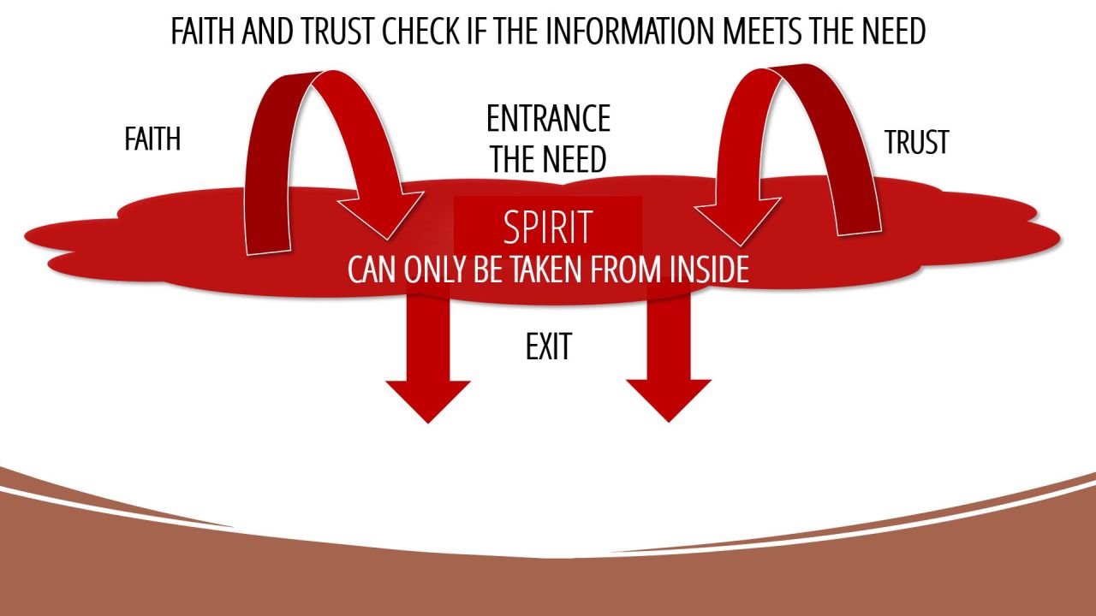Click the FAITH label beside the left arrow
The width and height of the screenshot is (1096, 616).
click(152, 139)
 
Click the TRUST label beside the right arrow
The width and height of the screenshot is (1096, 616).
click(916, 142)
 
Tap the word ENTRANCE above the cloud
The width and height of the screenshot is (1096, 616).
click(548, 119)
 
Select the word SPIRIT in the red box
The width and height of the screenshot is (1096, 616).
click(548, 228)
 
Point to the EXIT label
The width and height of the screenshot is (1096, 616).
click(548, 346)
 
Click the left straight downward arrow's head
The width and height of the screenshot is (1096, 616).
click(427, 399)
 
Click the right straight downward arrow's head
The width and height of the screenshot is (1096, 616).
click(669, 399)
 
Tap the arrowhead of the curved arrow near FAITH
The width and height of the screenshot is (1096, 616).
click(382, 214)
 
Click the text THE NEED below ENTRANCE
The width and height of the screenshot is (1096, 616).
click(548, 159)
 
